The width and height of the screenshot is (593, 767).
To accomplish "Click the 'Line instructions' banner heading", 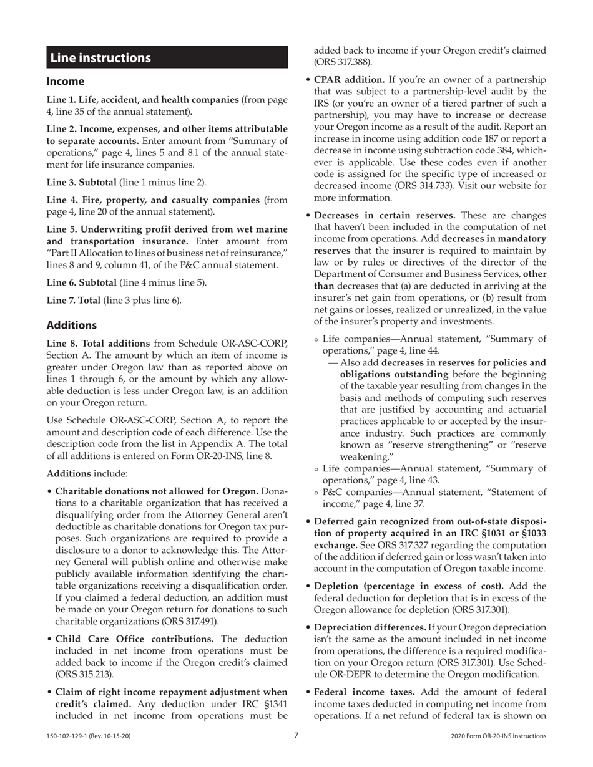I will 100,58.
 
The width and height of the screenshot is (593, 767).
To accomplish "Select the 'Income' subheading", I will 66,82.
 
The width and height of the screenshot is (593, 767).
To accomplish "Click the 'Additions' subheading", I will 72,325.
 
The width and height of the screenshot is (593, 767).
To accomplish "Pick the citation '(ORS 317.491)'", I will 190,621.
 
